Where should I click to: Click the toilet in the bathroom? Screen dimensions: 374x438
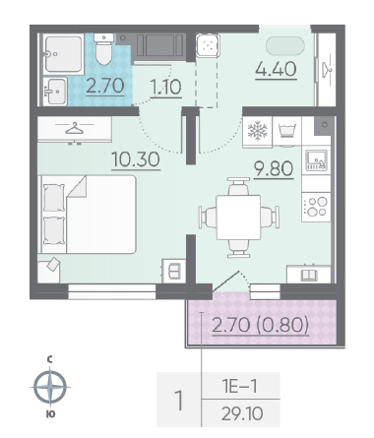[104, 49]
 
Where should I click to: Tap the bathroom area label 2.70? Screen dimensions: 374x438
[105, 86]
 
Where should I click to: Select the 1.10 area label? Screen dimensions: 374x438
[165, 88]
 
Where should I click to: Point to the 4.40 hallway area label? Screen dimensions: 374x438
[277, 69]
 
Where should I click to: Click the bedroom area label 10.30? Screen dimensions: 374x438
[136, 159]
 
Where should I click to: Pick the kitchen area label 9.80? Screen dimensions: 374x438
[274, 168]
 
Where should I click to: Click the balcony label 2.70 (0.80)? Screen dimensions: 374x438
[261, 326]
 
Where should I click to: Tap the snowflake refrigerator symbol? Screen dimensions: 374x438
[258, 130]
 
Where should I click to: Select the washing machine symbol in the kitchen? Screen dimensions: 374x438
[287, 130]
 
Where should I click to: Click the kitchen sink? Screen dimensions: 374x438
[316, 160]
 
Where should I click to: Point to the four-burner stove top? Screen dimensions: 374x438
[316, 207]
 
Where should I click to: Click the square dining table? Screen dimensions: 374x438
[238, 218]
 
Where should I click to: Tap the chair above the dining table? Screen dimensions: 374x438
[238, 186]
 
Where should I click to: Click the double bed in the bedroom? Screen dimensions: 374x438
[88, 215]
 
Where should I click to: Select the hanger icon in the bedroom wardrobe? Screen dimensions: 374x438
[75, 129]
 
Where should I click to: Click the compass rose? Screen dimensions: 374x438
[50, 386]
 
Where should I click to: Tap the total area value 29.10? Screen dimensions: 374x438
[242, 413]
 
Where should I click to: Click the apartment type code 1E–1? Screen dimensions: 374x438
[240, 386]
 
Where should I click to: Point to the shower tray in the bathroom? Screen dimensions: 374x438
[63, 54]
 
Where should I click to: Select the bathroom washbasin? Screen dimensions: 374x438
[55, 91]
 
